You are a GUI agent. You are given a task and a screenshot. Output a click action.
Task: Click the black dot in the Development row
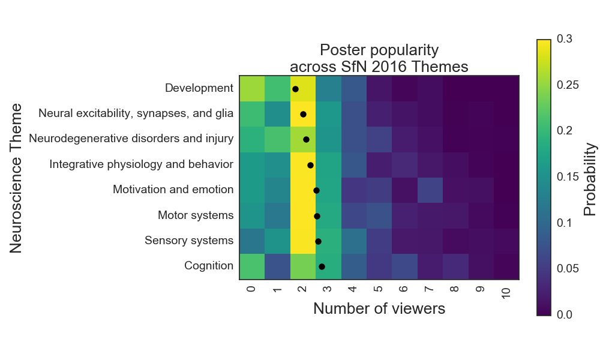tap(295, 89)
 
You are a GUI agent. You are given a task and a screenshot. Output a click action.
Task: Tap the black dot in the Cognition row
tap(322, 266)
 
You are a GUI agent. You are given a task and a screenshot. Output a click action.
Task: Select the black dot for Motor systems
tap(317, 216)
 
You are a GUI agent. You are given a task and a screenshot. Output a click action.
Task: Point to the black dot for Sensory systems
tap(318, 241)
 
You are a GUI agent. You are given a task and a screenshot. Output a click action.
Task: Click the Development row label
tap(199, 89)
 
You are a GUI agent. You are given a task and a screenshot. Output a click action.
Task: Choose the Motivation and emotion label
tap(173, 190)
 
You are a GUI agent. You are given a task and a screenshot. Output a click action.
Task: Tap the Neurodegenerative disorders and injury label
tap(131, 139)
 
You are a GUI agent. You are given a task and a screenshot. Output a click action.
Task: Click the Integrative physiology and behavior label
tap(141, 164)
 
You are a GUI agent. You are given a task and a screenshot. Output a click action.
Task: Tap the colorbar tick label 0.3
tap(565, 40)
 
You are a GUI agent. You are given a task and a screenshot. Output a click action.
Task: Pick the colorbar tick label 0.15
tap(568, 177)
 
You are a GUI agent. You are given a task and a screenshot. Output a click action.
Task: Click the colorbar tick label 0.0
tap(565, 314)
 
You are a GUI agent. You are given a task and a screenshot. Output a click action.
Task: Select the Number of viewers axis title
tap(379, 309)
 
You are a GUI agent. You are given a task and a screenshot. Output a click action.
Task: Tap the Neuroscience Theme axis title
tap(17, 178)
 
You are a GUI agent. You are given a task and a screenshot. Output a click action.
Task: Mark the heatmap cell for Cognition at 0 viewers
tap(252, 266)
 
